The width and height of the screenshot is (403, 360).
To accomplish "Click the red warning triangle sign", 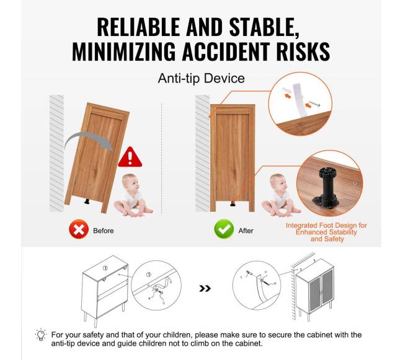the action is click(x=130, y=157).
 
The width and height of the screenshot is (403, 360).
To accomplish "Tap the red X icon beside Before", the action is click(x=79, y=229).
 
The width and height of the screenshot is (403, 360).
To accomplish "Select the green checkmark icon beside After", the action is click(x=224, y=229).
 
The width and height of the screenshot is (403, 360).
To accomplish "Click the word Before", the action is click(x=104, y=230).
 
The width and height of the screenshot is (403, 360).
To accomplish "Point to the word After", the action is click(x=246, y=230).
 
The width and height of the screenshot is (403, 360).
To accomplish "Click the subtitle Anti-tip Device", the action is click(x=201, y=78).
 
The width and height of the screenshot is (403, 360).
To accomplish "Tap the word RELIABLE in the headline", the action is click(x=138, y=27).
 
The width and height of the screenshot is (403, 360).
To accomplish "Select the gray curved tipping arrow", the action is click(x=89, y=141).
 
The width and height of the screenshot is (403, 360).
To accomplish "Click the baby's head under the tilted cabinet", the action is click(x=130, y=183).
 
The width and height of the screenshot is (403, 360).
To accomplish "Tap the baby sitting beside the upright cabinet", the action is click(x=280, y=195).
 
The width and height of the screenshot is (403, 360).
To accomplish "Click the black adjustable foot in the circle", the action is click(x=325, y=188).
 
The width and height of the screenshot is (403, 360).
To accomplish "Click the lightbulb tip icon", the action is click(x=40, y=335).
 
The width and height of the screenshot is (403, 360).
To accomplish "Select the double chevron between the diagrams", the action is click(x=205, y=288).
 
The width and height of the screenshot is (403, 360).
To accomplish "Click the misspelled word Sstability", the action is click(x=339, y=232).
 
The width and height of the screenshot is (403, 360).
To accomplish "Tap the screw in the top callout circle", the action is click(x=314, y=103).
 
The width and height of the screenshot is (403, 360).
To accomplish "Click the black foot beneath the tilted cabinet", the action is click(x=87, y=202).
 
